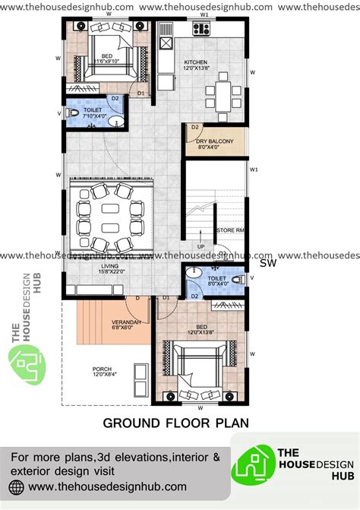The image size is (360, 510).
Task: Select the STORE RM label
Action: (228, 230)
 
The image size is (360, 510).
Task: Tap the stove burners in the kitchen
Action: (201, 30)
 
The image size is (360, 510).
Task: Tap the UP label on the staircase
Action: (202, 246)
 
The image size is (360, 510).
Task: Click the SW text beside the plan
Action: (267, 264)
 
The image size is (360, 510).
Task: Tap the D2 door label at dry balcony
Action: (195, 127)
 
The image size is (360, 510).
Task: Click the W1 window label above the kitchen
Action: (204, 14)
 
